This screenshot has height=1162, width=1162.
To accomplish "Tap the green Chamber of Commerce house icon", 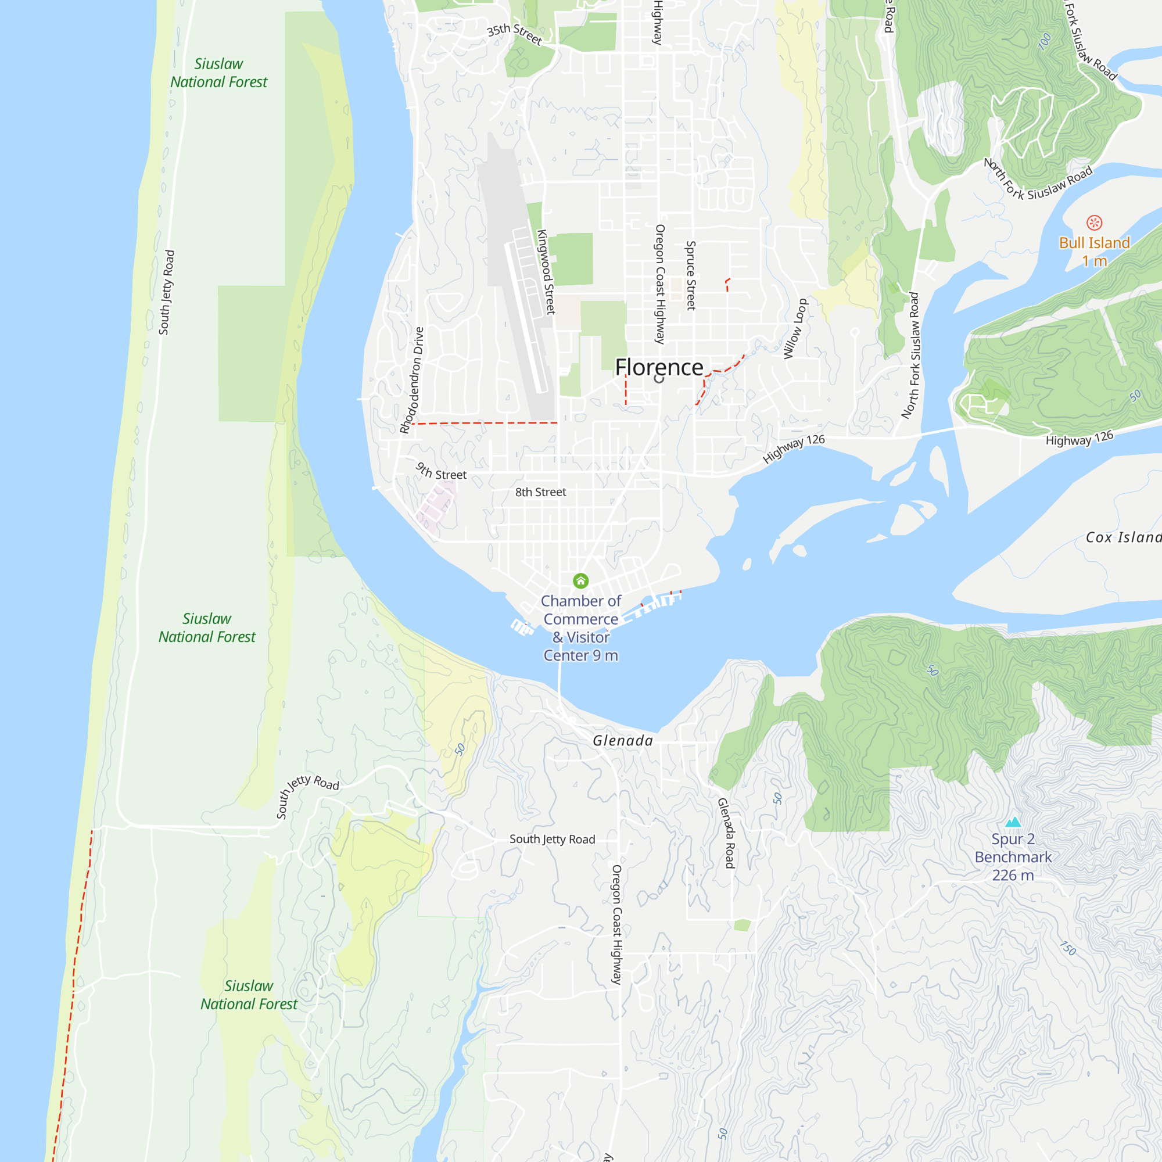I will click(580, 580).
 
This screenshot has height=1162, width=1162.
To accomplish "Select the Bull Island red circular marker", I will click(1094, 223).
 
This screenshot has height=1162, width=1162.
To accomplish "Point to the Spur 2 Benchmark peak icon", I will click(1013, 822).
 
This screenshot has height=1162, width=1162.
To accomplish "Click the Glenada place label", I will click(622, 740).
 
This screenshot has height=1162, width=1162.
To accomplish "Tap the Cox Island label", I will click(1122, 537).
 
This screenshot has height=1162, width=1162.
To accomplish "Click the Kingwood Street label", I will click(546, 272).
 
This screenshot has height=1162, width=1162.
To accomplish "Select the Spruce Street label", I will click(690, 275).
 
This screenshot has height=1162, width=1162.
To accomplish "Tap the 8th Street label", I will click(540, 492).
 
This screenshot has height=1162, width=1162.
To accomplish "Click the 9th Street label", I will click(441, 472).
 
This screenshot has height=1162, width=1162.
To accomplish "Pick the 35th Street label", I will click(514, 34).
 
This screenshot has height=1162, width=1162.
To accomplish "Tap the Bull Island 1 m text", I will click(1094, 252).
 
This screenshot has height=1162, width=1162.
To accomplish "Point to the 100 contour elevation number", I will click(1045, 41).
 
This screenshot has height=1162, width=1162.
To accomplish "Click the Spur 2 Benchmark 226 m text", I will click(1013, 857).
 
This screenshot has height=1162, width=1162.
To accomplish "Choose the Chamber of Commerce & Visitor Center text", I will click(580, 628).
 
